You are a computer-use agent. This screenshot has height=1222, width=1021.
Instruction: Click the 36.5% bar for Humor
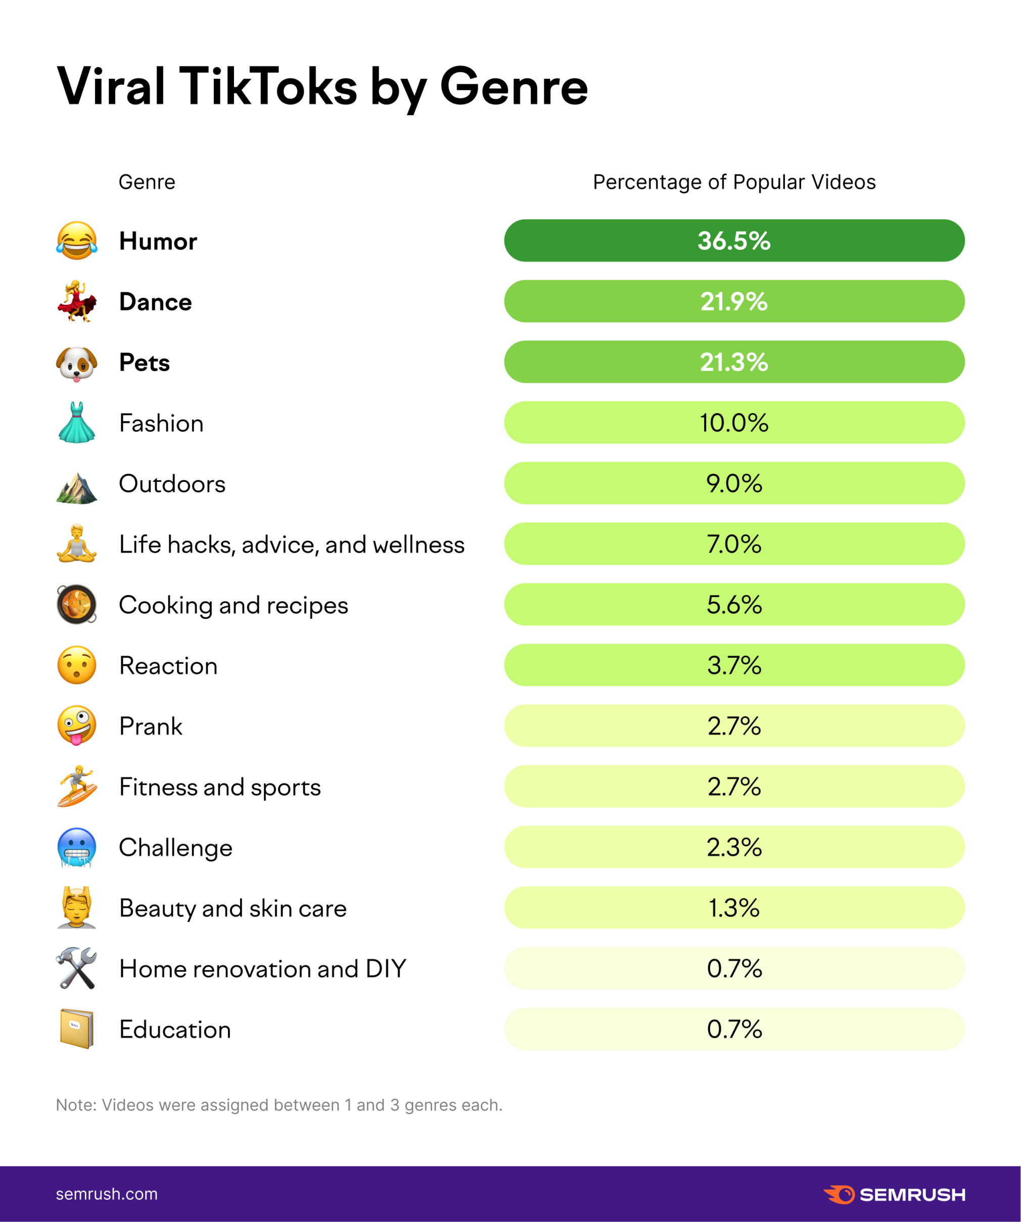734,240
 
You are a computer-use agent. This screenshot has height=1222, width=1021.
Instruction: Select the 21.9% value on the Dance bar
734,301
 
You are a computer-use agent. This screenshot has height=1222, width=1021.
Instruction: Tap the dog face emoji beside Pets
77,363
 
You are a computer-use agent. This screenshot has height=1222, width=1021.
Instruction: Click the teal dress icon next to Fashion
77,423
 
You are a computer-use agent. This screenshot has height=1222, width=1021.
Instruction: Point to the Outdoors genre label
172,483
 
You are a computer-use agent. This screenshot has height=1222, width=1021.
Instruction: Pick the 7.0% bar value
734,544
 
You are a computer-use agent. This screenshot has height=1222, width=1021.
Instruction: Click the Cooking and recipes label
234,605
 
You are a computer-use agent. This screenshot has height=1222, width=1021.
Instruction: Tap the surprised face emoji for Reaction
77,665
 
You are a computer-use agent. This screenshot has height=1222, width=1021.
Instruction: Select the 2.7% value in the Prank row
734,726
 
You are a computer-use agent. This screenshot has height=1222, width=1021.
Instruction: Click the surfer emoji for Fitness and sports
77,786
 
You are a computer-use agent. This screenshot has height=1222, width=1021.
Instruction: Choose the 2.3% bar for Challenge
734,847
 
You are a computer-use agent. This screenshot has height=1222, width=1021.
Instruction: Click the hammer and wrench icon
77,968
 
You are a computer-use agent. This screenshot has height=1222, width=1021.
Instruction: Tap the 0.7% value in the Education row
734,1029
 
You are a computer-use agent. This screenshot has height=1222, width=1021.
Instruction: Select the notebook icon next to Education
77,1029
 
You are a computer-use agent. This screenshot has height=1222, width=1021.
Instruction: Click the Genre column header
147,182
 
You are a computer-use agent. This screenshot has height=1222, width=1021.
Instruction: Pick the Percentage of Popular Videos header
734,182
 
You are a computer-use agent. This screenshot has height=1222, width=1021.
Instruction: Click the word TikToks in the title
268,87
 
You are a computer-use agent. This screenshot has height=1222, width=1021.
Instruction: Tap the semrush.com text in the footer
107,1194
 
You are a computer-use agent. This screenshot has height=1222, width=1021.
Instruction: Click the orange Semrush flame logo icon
840,1194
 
